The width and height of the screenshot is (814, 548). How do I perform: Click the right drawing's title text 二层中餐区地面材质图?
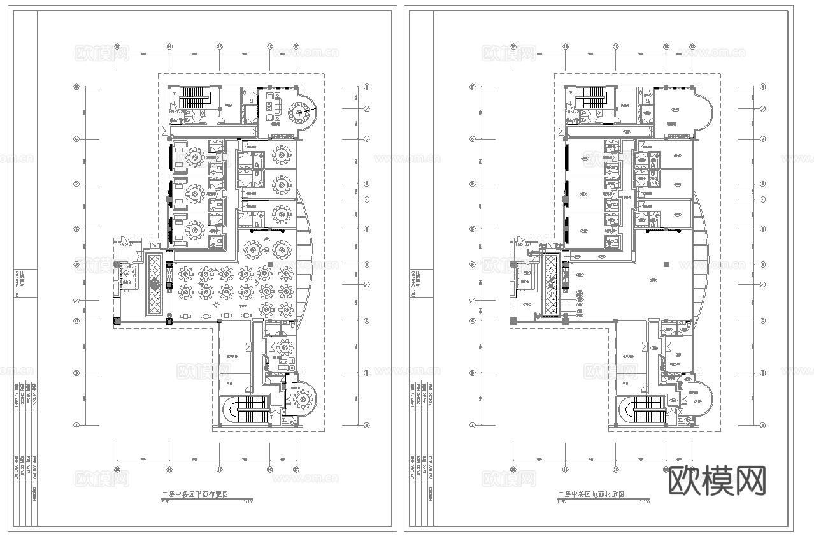tap(590, 494)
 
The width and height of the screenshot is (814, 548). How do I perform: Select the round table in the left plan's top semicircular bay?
tap(298, 114)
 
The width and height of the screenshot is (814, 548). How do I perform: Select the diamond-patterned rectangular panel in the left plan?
tap(155, 284)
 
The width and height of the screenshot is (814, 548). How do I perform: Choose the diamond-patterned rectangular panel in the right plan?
tap(551, 284)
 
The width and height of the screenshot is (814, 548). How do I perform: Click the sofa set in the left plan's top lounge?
tap(273, 107)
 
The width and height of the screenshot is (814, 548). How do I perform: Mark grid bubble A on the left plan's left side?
tap(76, 424)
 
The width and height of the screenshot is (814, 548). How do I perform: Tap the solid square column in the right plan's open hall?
tap(666, 264)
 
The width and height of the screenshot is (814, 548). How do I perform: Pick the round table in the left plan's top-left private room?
tap(195, 155)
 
